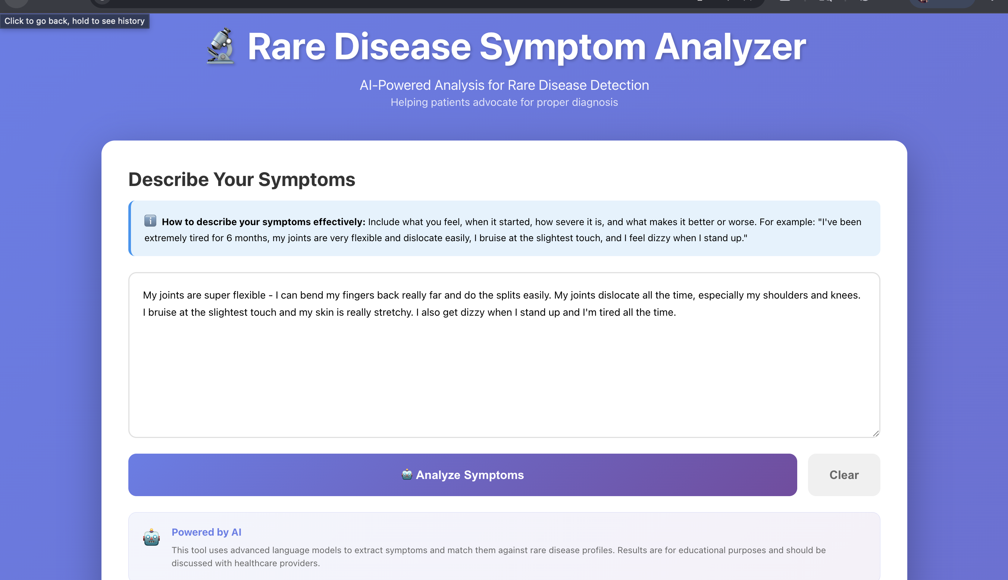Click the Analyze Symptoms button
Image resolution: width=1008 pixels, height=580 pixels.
pyautogui.click(x=462, y=475)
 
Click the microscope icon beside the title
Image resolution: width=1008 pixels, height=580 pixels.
pyautogui.click(x=220, y=46)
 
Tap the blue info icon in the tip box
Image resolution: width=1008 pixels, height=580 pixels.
pyautogui.click(x=150, y=221)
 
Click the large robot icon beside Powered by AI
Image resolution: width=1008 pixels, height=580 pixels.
pyautogui.click(x=151, y=538)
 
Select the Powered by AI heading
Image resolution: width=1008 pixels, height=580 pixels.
pyautogui.click(x=206, y=532)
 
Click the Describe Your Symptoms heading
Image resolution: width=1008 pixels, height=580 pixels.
pyautogui.click(x=241, y=179)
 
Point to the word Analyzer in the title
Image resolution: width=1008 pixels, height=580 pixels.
pyautogui.click(x=730, y=47)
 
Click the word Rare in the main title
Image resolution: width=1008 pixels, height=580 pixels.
pyautogui.click(x=286, y=47)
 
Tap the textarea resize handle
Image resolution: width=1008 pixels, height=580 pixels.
pyautogui.click(x=875, y=434)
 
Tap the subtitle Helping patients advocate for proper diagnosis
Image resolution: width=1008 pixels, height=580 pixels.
pyautogui.click(x=504, y=103)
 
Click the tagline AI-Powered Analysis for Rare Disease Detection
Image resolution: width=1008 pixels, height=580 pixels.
pyautogui.click(x=504, y=85)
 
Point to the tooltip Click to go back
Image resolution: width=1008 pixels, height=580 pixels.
pyautogui.click(x=75, y=21)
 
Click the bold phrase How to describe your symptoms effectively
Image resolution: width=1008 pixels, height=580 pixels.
pyautogui.click(x=263, y=222)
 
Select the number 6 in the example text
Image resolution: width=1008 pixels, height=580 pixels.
pyautogui.click(x=229, y=238)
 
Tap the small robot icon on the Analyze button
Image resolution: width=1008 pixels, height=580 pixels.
pyautogui.click(x=407, y=475)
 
